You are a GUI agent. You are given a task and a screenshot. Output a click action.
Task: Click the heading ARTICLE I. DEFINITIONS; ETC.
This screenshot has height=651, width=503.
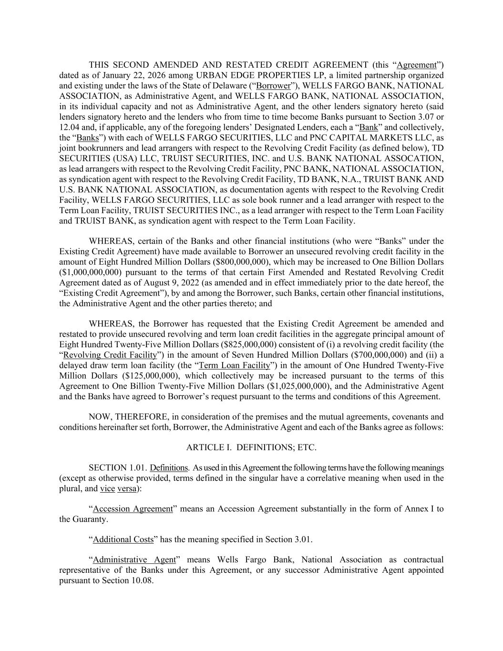251,448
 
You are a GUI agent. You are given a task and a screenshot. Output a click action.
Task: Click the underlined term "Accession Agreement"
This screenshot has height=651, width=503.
133,509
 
